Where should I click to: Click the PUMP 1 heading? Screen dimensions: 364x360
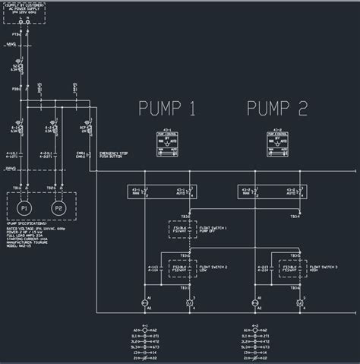166,109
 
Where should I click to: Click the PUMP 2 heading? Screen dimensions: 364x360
276,109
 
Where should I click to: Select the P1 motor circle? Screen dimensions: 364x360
24,207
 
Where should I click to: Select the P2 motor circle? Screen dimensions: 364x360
58,207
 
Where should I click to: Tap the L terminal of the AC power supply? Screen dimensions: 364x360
19,22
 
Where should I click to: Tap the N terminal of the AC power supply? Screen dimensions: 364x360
27,22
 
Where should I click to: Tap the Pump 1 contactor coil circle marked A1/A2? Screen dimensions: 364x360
145,303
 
